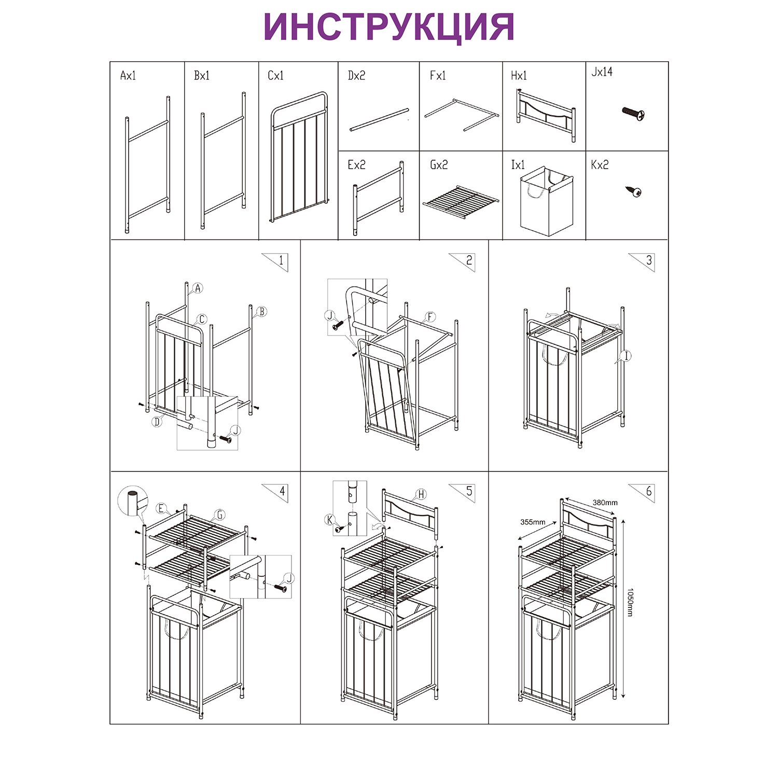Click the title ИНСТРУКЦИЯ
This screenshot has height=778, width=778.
(388, 27)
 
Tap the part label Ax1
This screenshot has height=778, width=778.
(128, 76)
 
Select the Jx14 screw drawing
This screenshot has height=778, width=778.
(633, 114)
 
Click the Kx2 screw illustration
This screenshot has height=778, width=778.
(634, 191)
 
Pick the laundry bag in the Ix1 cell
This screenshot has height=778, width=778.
(547, 201)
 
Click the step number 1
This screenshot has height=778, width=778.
(281, 260)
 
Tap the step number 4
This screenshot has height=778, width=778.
(282, 491)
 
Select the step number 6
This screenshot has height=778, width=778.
(648, 491)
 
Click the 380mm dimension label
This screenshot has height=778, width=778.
(605, 503)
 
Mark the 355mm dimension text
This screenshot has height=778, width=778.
(533, 522)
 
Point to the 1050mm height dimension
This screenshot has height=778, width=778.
(630, 602)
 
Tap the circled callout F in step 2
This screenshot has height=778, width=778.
(430, 317)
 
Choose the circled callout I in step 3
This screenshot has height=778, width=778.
(627, 356)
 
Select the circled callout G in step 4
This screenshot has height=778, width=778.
(220, 515)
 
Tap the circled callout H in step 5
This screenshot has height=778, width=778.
(421, 494)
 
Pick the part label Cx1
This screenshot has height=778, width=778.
(275, 76)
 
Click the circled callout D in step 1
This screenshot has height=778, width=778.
(157, 422)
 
